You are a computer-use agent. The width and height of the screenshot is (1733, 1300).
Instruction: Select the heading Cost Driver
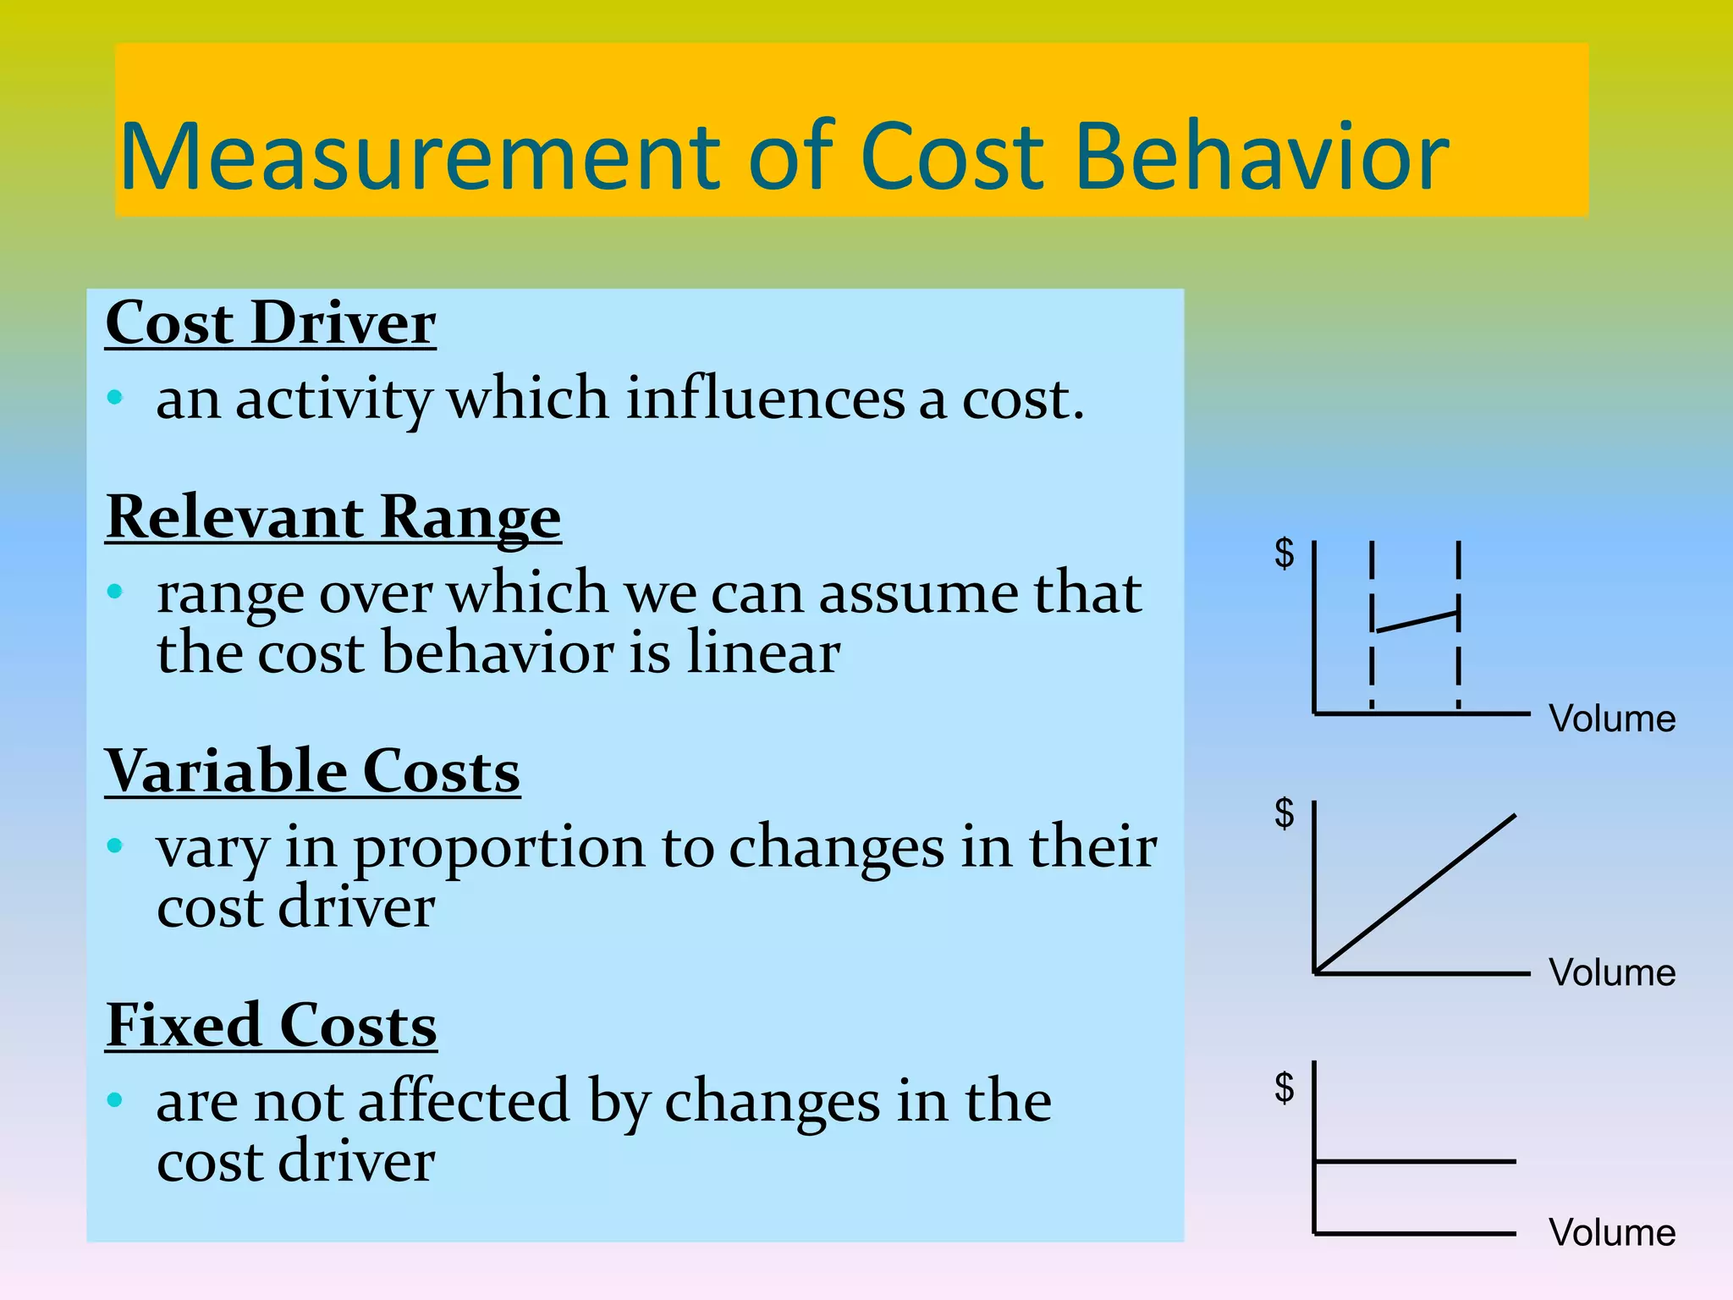tap(271, 323)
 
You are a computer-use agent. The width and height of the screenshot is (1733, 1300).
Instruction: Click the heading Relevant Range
tap(333, 517)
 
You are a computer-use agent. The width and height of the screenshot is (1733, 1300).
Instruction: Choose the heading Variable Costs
tap(312, 772)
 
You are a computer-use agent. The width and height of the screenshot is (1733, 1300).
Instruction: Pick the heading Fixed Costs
tap(272, 1026)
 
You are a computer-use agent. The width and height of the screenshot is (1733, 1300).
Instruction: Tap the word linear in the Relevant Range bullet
tap(762, 653)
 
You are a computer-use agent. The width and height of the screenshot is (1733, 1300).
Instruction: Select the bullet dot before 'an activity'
tap(116, 397)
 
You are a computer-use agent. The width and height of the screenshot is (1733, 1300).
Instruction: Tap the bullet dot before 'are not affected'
tap(116, 1099)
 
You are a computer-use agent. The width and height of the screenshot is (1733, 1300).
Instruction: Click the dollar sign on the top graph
tap(1285, 554)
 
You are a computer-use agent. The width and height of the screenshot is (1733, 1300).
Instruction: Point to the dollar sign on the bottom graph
tap(1285, 1088)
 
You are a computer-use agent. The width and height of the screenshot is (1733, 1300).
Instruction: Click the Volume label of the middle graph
tap(1612, 973)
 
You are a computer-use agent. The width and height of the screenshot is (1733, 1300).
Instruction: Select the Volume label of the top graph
tap(1612, 719)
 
